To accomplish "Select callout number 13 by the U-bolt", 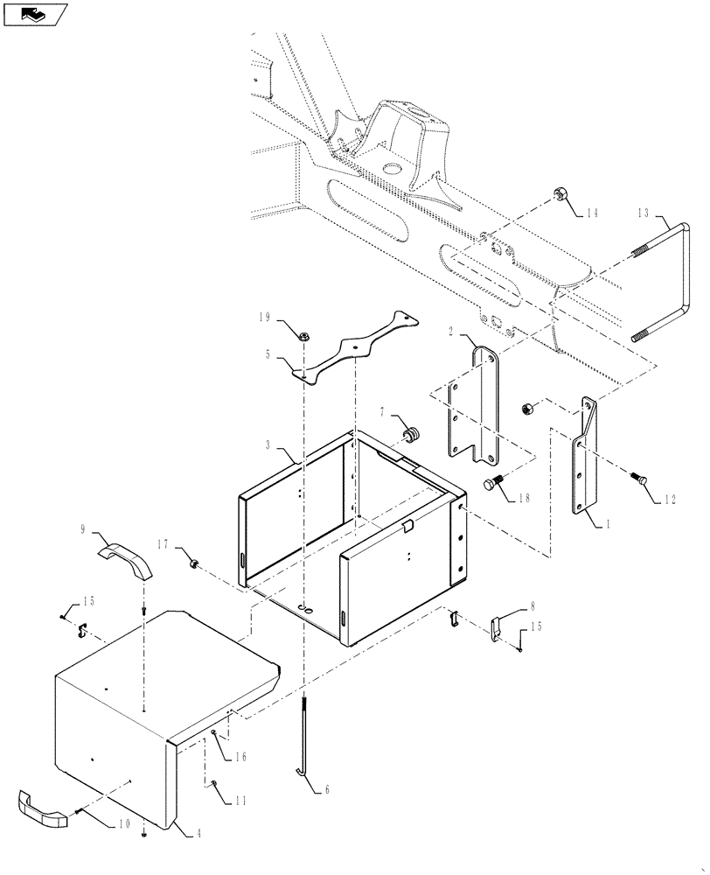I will coord(644,213).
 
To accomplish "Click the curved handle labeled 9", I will coord(123,560).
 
